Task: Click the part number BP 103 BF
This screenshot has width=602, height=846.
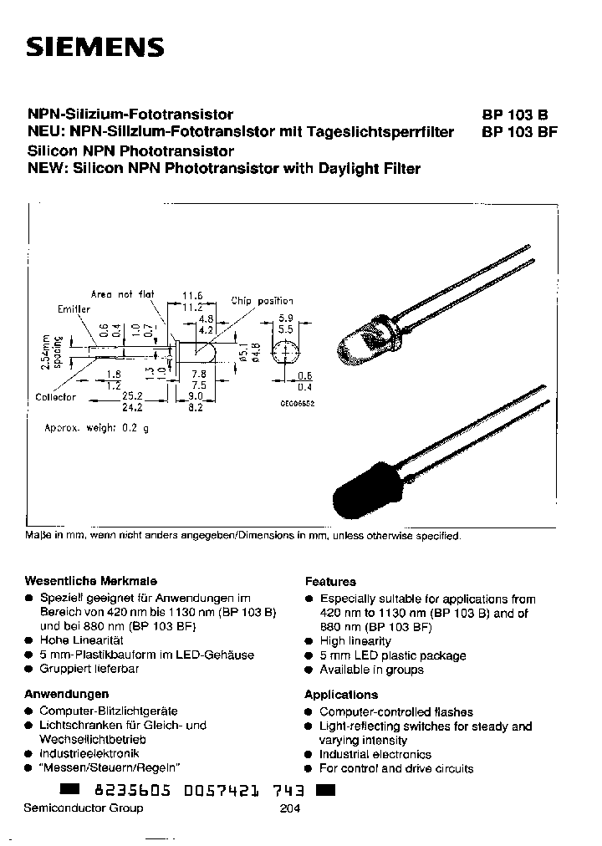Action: [x=518, y=131]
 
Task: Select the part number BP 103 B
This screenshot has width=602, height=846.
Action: [x=514, y=115]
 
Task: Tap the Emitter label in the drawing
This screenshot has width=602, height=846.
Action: [x=74, y=308]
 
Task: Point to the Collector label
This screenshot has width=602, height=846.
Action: [x=56, y=397]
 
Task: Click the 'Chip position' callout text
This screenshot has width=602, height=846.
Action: [x=262, y=300]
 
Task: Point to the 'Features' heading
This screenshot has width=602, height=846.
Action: [x=330, y=581]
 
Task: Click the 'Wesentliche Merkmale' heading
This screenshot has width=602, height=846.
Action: [x=92, y=580]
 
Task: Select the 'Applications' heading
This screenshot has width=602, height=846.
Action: [x=341, y=695]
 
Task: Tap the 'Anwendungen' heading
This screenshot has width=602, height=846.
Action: [x=67, y=694]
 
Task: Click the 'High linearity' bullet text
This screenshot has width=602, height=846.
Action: [x=355, y=641]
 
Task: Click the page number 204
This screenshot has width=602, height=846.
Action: [x=288, y=808]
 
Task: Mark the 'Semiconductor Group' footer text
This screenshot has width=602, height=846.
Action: [x=84, y=808]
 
